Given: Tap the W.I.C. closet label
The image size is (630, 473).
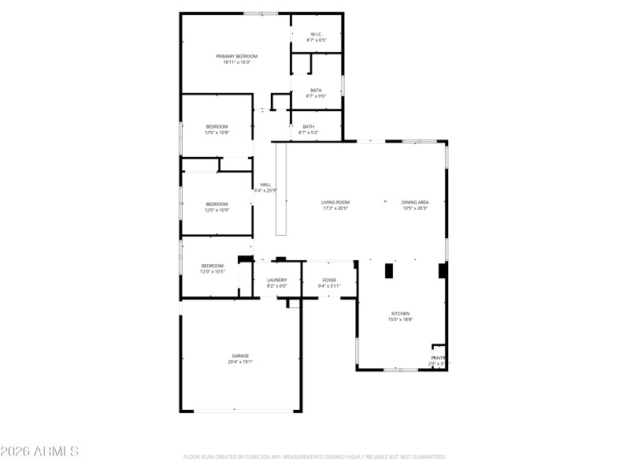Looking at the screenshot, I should [x=316, y=34].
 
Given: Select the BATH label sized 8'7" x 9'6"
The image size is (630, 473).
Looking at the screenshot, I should [x=316, y=90].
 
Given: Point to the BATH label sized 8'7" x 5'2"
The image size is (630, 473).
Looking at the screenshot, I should [x=309, y=127].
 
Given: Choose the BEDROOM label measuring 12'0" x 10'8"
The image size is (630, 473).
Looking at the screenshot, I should [x=217, y=127].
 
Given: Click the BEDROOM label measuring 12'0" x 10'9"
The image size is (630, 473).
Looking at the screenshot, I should [x=217, y=204].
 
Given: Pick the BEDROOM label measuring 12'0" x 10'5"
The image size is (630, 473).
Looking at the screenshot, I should [x=213, y=266].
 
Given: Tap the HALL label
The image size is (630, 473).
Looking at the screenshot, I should [x=265, y=184].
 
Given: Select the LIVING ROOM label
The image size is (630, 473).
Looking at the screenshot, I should [x=335, y=203].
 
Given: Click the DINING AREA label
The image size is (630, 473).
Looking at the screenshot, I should [x=415, y=203].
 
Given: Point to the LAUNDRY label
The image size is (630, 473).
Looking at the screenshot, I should [x=277, y=280].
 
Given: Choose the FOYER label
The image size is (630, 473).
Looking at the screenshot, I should [x=329, y=280].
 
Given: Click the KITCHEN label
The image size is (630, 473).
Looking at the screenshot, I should [x=400, y=314].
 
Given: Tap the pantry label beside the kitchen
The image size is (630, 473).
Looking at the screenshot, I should [x=438, y=358].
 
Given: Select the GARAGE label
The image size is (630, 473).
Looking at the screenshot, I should [x=240, y=356].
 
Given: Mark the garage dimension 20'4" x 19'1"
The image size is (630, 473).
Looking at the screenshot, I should [x=240, y=362].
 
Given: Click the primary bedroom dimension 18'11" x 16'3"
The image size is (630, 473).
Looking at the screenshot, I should [x=236, y=62].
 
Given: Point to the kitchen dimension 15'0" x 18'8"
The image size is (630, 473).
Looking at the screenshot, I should [x=400, y=320].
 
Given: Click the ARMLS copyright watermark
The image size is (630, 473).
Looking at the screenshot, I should [x=39, y=452].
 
